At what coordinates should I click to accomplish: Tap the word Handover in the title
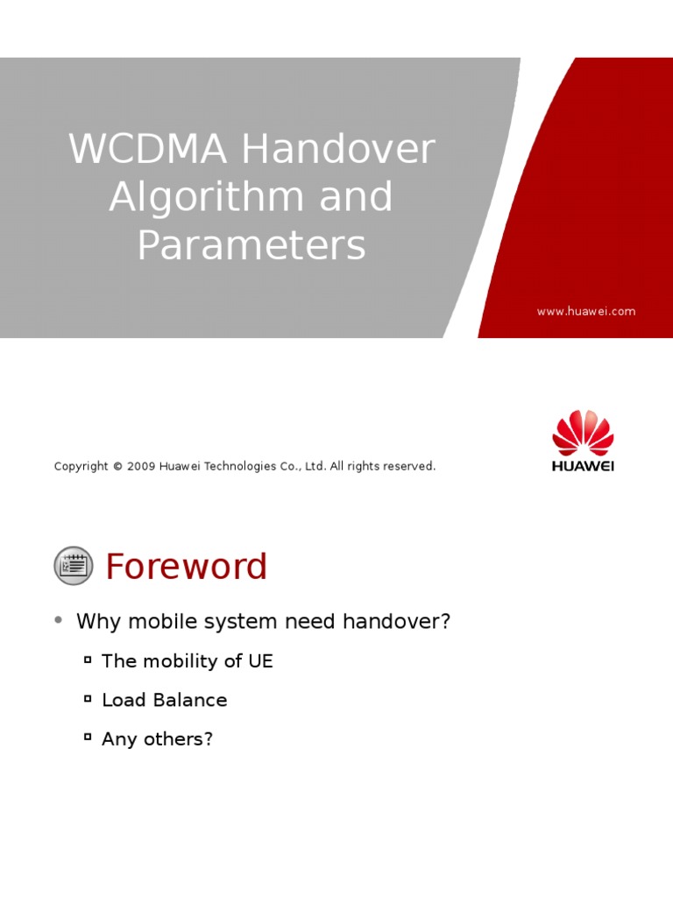tap(339, 150)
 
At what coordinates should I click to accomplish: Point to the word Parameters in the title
tap(251, 245)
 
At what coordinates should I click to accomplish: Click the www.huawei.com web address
tap(586, 311)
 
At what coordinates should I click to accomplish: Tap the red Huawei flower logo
tap(583, 432)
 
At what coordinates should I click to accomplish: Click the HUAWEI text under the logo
tap(583, 466)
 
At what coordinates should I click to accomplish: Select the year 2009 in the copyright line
tap(141, 467)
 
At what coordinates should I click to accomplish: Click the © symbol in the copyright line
tap(117, 467)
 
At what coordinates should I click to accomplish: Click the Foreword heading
tap(186, 567)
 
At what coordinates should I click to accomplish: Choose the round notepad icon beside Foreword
tap(74, 566)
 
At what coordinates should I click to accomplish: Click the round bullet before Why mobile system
tap(59, 620)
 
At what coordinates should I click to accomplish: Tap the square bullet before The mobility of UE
tap(88, 659)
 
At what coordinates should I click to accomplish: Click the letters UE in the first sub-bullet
tap(260, 661)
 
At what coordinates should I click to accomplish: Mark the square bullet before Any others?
tap(88, 737)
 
